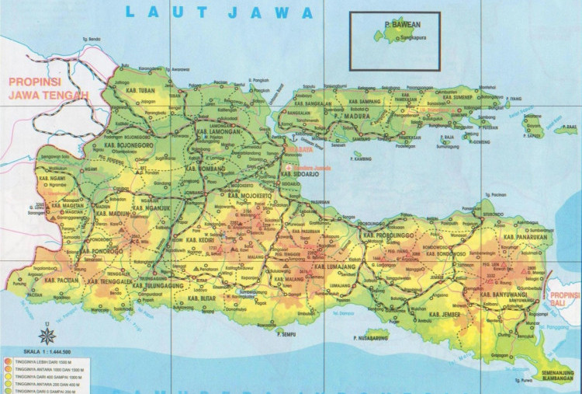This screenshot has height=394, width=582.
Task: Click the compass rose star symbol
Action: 47,336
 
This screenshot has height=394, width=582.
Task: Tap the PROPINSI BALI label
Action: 563,299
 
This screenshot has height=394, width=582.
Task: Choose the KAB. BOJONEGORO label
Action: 118,145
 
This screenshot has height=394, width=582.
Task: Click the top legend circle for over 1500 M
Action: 7,361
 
